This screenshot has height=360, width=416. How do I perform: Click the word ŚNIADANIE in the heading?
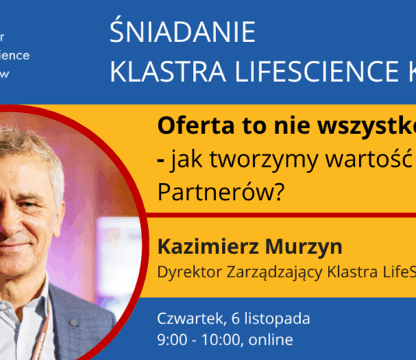click(x=183, y=33)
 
